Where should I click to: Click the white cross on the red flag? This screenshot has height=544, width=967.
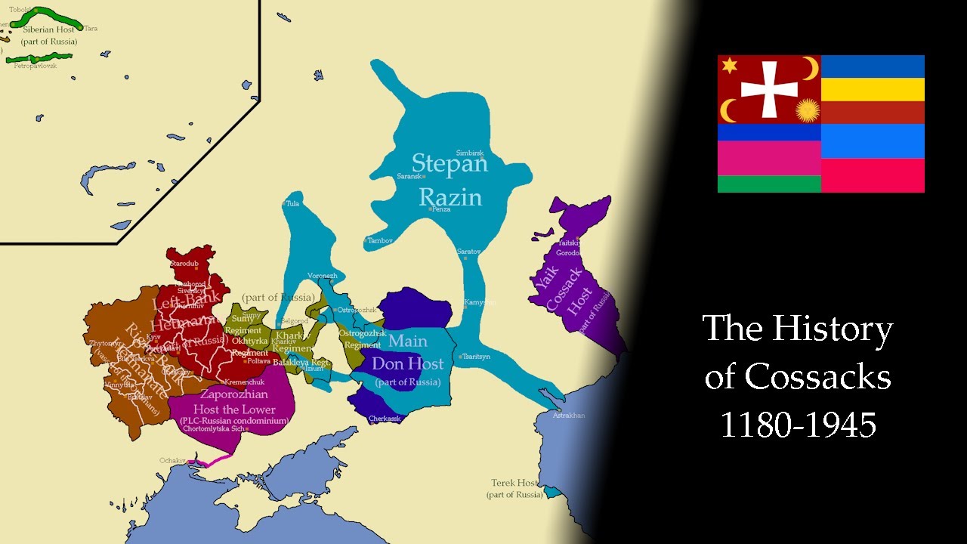(x=769, y=89)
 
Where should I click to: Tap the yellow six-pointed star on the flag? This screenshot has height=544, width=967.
(x=729, y=66)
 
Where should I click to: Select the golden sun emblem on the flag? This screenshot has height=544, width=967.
(x=807, y=110)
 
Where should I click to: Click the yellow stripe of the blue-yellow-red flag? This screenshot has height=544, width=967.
(x=873, y=89)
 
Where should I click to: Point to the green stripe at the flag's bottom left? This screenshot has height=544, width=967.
(x=769, y=184)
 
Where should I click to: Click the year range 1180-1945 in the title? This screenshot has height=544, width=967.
(x=798, y=425)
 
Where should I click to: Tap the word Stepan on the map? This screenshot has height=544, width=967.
(x=450, y=163)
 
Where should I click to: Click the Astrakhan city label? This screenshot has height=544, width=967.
(x=568, y=416)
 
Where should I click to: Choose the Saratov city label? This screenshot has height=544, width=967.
(x=468, y=251)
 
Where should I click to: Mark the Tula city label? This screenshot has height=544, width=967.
(x=292, y=204)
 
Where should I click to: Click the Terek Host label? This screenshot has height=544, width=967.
(x=514, y=483)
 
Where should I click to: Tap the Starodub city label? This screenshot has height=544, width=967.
(x=185, y=263)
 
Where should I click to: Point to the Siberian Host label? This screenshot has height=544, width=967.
(x=48, y=29)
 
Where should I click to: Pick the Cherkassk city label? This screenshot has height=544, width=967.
(x=385, y=419)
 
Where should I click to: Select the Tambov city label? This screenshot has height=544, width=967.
(x=380, y=240)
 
